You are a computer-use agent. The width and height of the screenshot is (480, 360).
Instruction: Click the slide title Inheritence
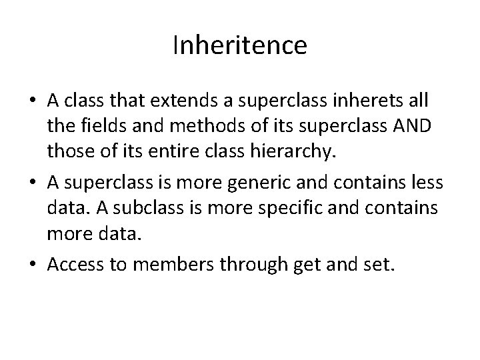point(240,45)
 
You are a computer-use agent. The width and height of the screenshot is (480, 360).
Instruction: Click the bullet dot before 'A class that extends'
point(33,101)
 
